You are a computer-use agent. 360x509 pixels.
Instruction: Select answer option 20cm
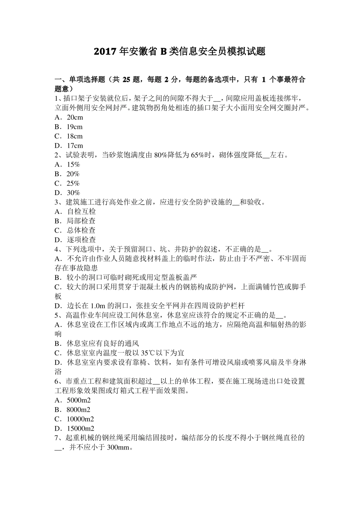75,117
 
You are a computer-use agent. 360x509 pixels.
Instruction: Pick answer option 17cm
75,146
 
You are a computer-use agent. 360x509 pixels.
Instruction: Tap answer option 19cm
75,127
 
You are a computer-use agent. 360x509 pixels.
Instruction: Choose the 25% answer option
73,183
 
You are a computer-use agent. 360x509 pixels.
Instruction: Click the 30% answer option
73,193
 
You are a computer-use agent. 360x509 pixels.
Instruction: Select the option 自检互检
81,212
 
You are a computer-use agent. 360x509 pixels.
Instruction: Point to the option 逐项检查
81,240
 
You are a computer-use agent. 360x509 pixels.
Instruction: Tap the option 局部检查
81,221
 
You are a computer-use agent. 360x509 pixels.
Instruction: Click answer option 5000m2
78,400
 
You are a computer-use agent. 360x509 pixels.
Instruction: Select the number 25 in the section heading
126,80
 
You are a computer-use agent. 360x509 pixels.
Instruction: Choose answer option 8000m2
78,409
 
